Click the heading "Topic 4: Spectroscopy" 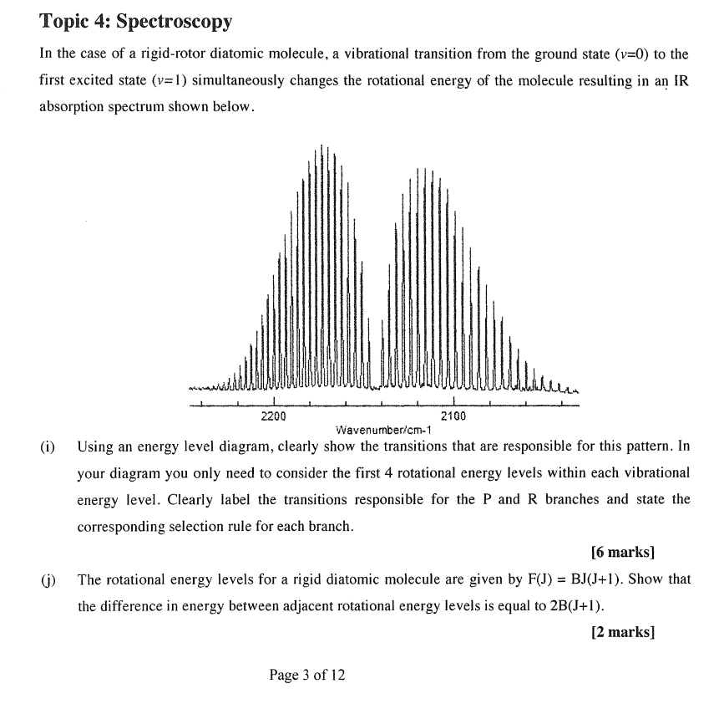[x=136, y=20]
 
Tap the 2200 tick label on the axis [x=273, y=416]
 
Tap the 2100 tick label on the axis [x=453, y=416]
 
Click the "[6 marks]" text [x=622, y=553]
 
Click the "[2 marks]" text [x=622, y=632]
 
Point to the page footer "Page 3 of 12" [x=306, y=675]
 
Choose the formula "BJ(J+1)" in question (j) [x=602, y=579]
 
